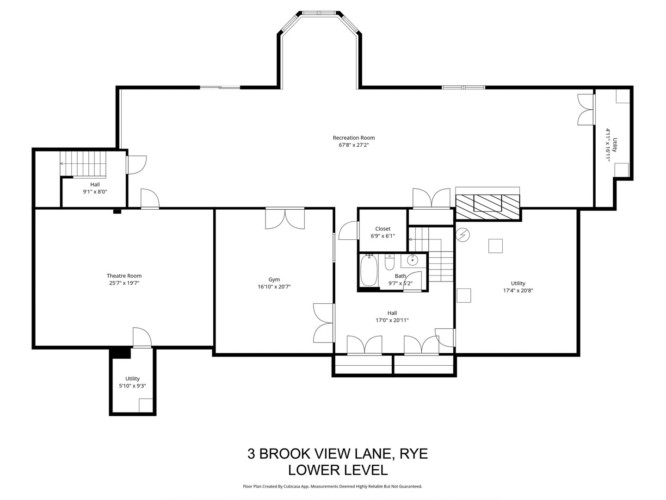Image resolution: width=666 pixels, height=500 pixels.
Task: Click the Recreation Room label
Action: pos(354,137)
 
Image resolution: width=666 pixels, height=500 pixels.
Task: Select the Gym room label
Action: pos(274,279)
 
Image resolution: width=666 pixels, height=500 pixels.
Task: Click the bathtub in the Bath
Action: pos(369,270)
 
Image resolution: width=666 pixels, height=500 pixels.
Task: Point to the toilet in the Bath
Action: pos(389,262)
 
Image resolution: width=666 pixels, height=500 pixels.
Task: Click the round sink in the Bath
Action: pos(412,261)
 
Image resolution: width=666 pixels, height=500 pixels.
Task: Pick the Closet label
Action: pos(382,229)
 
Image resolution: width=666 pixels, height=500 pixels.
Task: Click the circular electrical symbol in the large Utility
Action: pos(462,235)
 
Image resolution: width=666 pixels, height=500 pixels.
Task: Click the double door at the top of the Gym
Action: pos(285,218)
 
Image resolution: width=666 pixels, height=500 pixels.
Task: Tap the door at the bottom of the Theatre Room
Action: pos(142,337)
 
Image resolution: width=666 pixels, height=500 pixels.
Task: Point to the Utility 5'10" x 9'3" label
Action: pos(132,379)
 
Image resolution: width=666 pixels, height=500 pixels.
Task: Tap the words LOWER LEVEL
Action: pos(338,470)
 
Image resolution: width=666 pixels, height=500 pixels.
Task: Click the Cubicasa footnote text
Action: pos(333,487)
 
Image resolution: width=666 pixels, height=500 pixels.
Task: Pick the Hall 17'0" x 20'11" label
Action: pos(392,313)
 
